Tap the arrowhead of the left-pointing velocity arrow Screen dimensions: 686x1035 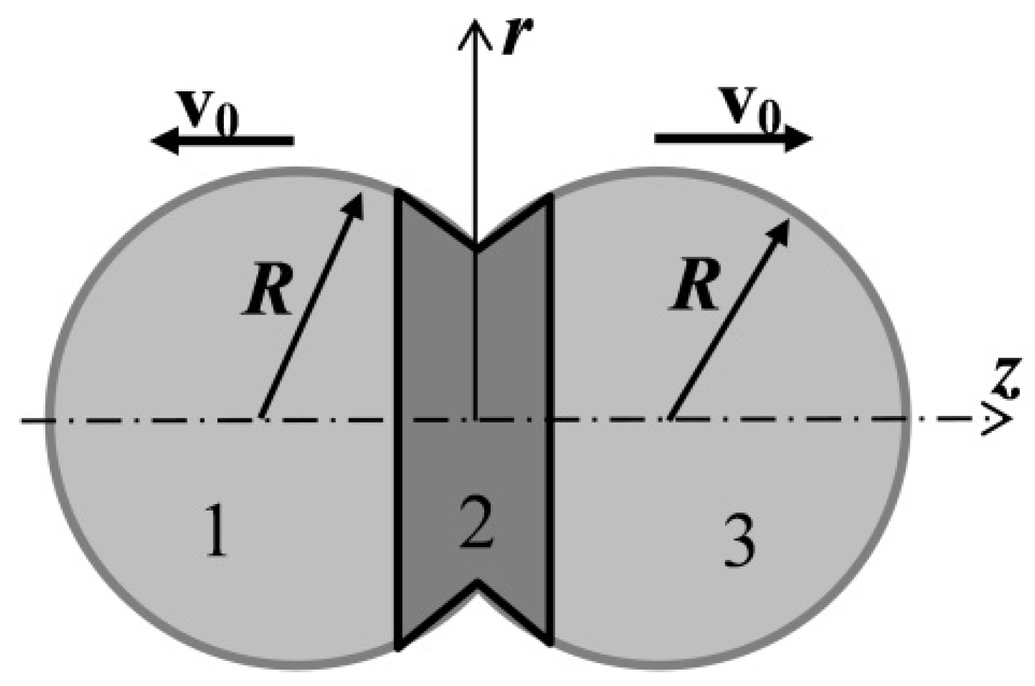tap(161, 141)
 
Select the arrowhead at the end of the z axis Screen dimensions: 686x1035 tap(1001, 419)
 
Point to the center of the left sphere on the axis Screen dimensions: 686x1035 tap(261, 419)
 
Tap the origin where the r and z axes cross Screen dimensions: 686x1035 tap(475, 419)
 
